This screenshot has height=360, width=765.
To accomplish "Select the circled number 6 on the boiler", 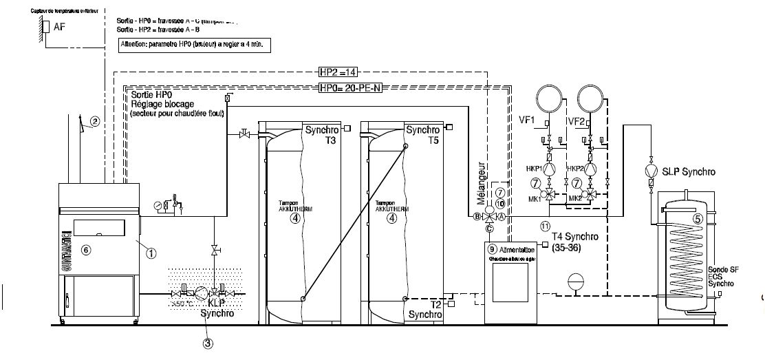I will [x=87, y=249].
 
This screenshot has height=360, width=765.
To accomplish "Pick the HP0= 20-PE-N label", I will [x=351, y=88].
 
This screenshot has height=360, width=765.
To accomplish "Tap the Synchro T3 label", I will [x=321, y=135].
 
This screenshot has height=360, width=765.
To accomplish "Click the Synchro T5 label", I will [x=422, y=135].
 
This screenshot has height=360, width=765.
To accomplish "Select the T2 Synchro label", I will [x=425, y=309].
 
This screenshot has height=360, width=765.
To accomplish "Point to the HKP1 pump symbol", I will [x=550, y=168].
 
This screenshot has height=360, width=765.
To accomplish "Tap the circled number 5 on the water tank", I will [x=697, y=219].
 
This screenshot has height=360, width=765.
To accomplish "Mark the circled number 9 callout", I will [x=492, y=247].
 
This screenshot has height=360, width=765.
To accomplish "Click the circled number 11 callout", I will [x=546, y=224].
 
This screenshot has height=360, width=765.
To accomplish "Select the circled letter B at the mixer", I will [x=476, y=216].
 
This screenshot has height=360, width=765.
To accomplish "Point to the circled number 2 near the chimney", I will [x=96, y=121].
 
